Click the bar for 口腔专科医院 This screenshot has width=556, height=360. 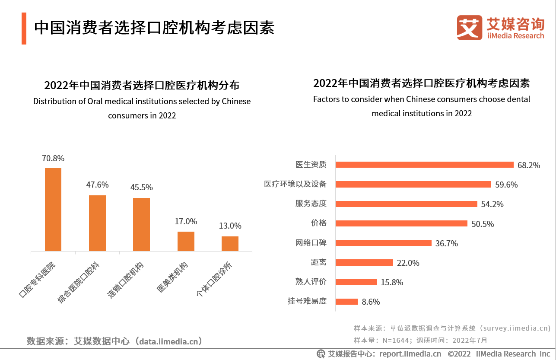[53, 210]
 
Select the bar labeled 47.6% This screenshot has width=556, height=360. [97, 223]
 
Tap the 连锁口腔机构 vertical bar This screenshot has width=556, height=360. [141, 224]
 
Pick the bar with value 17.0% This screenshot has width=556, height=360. [186, 241]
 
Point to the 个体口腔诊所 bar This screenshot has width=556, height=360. [230, 244]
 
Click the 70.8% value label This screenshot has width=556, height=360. [53, 158]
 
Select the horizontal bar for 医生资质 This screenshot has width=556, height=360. [424, 165]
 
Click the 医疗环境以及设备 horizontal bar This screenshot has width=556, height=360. [413, 184]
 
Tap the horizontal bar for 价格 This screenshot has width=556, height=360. [401, 223]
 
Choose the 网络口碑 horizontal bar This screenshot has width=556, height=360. [383, 243]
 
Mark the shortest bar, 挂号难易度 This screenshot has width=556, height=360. [346, 301]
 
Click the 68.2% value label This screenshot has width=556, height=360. [529, 165]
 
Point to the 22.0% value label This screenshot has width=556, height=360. [408, 263]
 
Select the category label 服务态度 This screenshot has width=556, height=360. [311, 203]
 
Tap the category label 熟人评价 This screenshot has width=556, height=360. [311, 282]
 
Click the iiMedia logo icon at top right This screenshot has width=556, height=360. [469, 28]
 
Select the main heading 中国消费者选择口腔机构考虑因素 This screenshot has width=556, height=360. [154, 28]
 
